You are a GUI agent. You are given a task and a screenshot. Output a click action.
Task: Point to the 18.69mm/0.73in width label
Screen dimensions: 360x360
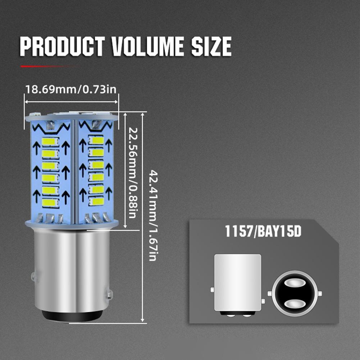point(71,89)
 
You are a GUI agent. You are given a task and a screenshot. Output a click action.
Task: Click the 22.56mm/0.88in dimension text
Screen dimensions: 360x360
point(132,173)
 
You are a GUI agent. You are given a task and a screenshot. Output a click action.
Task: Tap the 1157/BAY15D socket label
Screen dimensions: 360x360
point(263,231)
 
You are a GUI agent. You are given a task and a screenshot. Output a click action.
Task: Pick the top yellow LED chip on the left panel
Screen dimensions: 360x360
point(50,141)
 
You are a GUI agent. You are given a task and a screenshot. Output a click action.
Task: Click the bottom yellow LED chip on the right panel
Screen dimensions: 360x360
point(96,201)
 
